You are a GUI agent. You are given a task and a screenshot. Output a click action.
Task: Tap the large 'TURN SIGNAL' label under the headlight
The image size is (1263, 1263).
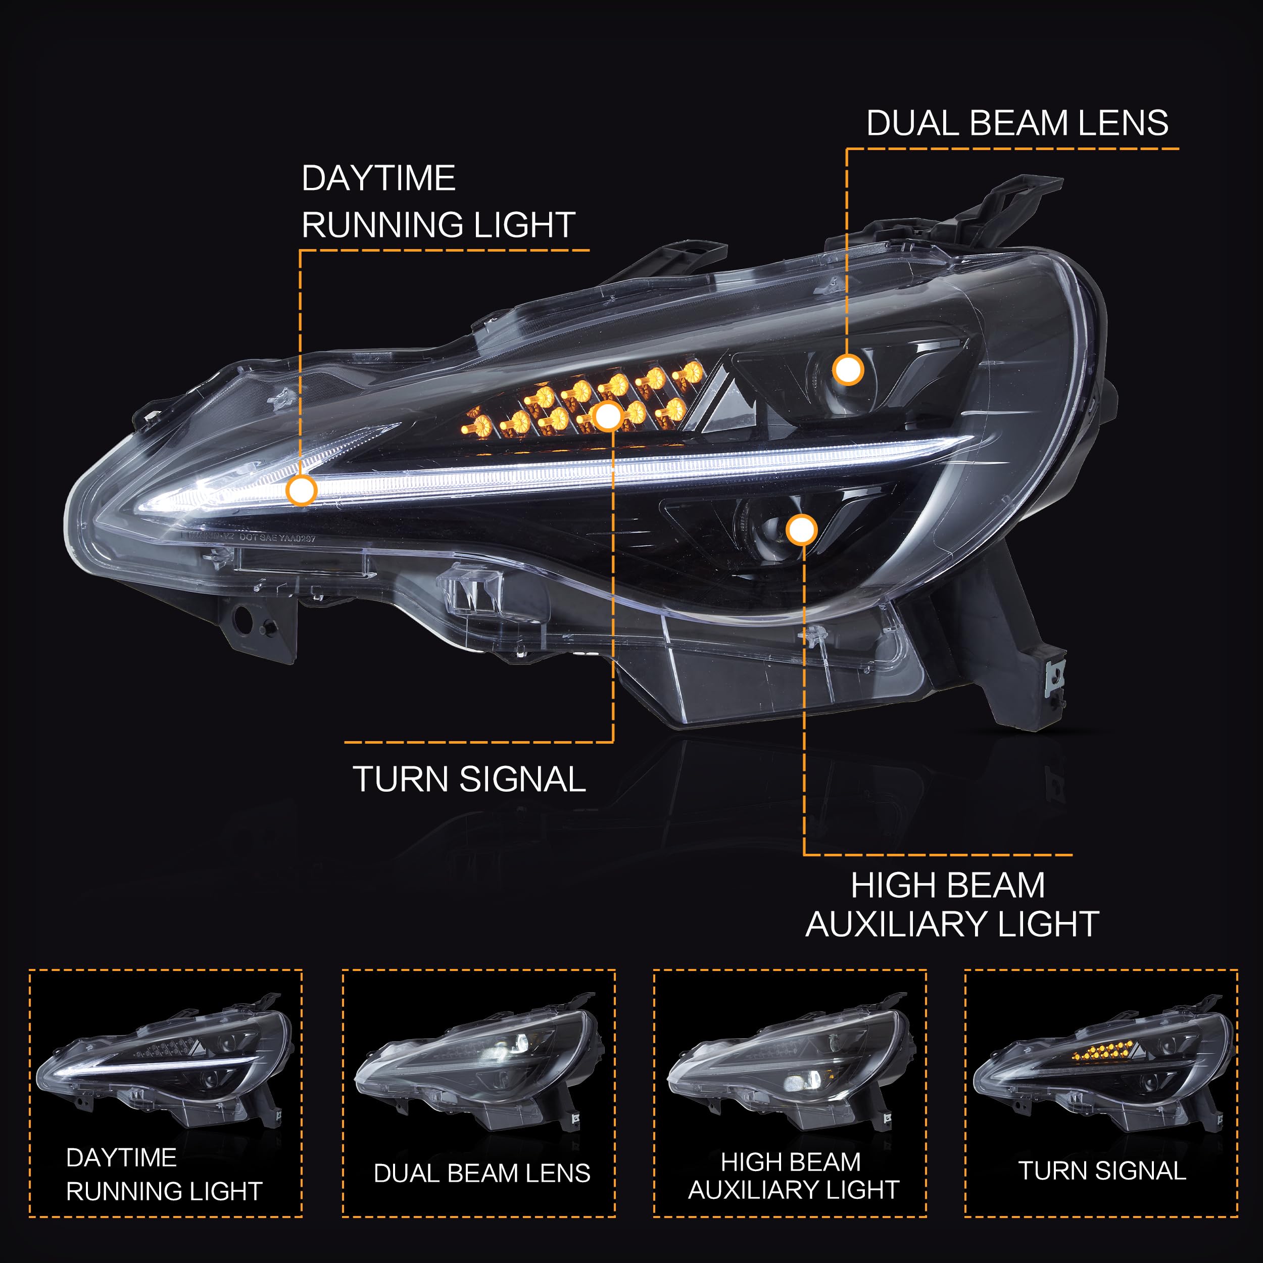(x=469, y=779)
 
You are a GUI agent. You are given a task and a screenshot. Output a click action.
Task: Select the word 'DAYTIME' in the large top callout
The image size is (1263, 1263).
(x=378, y=178)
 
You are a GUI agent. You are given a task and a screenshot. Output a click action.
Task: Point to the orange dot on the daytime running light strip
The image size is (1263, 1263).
(x=302, y=490)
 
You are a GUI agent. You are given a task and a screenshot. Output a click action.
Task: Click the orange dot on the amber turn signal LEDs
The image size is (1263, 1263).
(x=608, y=416)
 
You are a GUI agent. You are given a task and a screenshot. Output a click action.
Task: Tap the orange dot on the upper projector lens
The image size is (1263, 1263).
(x=848, y=369)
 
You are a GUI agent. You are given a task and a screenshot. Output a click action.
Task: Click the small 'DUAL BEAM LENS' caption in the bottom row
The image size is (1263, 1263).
(x=482, y=1174)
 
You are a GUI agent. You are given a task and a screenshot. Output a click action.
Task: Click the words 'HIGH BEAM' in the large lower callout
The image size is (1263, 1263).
(x=947, y=886)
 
